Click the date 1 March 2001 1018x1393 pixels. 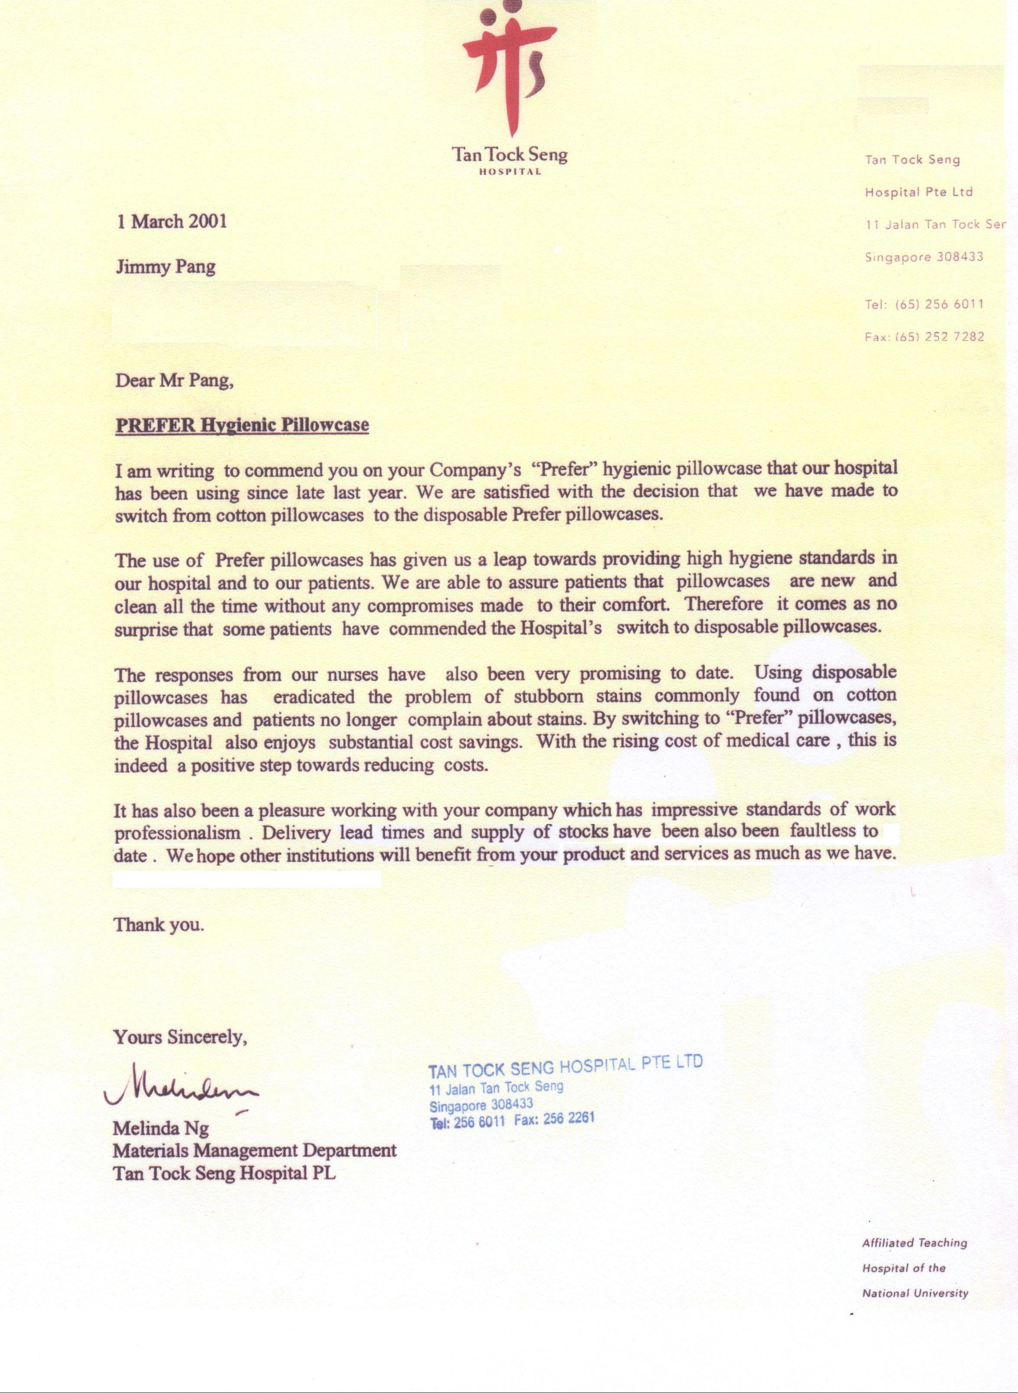[172, 221]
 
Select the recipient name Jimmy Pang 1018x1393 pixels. [166, 267]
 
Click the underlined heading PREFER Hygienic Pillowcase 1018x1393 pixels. [242, 425]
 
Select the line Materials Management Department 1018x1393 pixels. [255, 1150]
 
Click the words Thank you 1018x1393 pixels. [159, 924]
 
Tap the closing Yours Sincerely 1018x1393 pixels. [180, 1037]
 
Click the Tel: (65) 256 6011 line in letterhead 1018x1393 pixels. [924, 304]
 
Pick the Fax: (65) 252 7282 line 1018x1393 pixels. [924, 336]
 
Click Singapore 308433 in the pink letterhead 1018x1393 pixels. [924, 257]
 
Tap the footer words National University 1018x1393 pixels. [915, 1293]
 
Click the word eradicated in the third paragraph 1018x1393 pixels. [314, 697]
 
